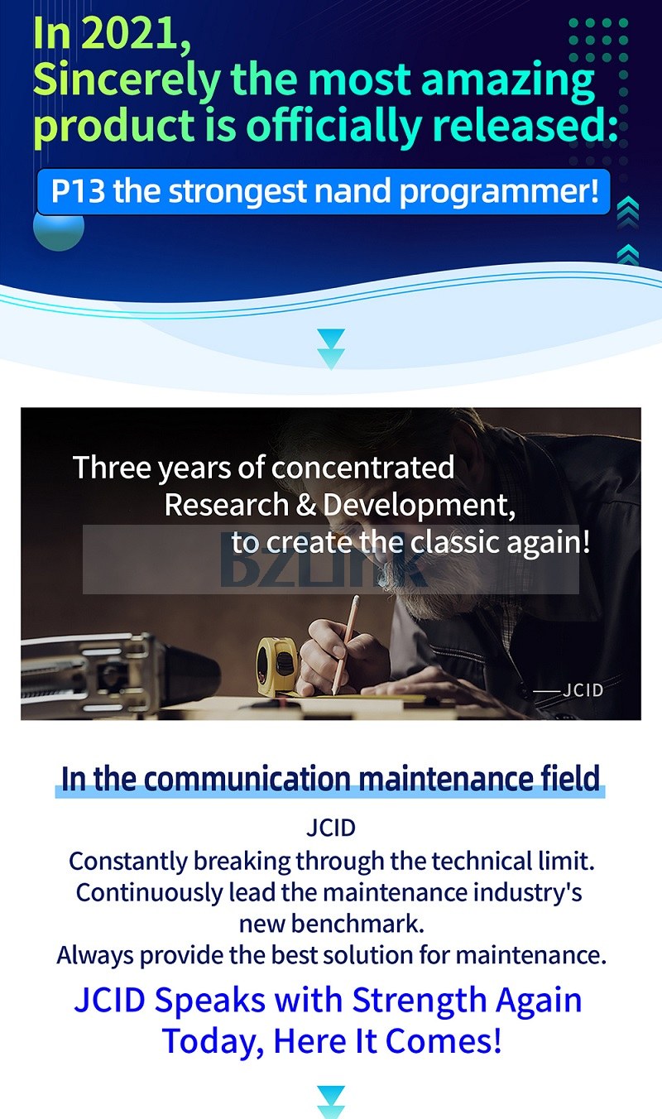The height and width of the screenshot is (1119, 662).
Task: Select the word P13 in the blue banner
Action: coord(79,191)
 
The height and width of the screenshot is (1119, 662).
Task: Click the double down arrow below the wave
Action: coord(331,349)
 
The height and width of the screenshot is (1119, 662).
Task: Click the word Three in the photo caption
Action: coord(112,468)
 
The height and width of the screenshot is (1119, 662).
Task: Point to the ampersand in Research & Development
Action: coord(305,505)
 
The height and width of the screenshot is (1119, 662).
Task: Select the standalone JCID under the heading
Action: coord(331,828)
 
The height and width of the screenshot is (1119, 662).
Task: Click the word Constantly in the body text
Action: coord(128,862)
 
